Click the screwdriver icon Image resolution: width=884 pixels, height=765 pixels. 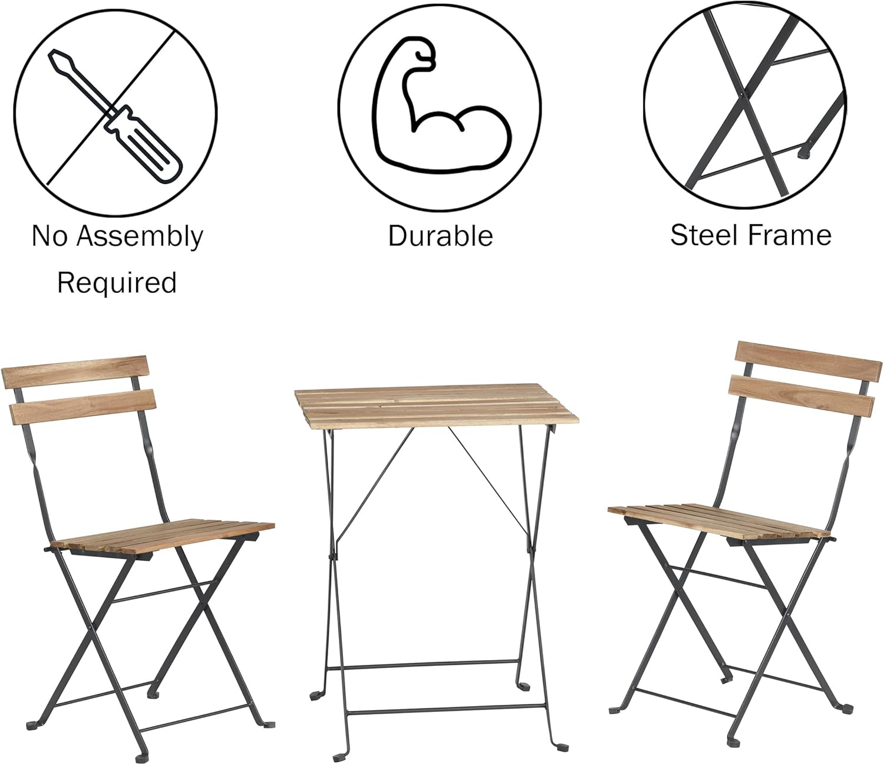tap(116, 116)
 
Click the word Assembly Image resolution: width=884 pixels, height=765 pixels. tap(140, 236)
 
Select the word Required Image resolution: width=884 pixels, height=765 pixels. tap(117, 283)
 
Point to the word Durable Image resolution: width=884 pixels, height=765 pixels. tap(440, 236)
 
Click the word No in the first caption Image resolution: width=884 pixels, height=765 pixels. tap(46, 236)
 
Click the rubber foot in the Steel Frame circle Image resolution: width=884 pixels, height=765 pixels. tap(804, 153)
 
